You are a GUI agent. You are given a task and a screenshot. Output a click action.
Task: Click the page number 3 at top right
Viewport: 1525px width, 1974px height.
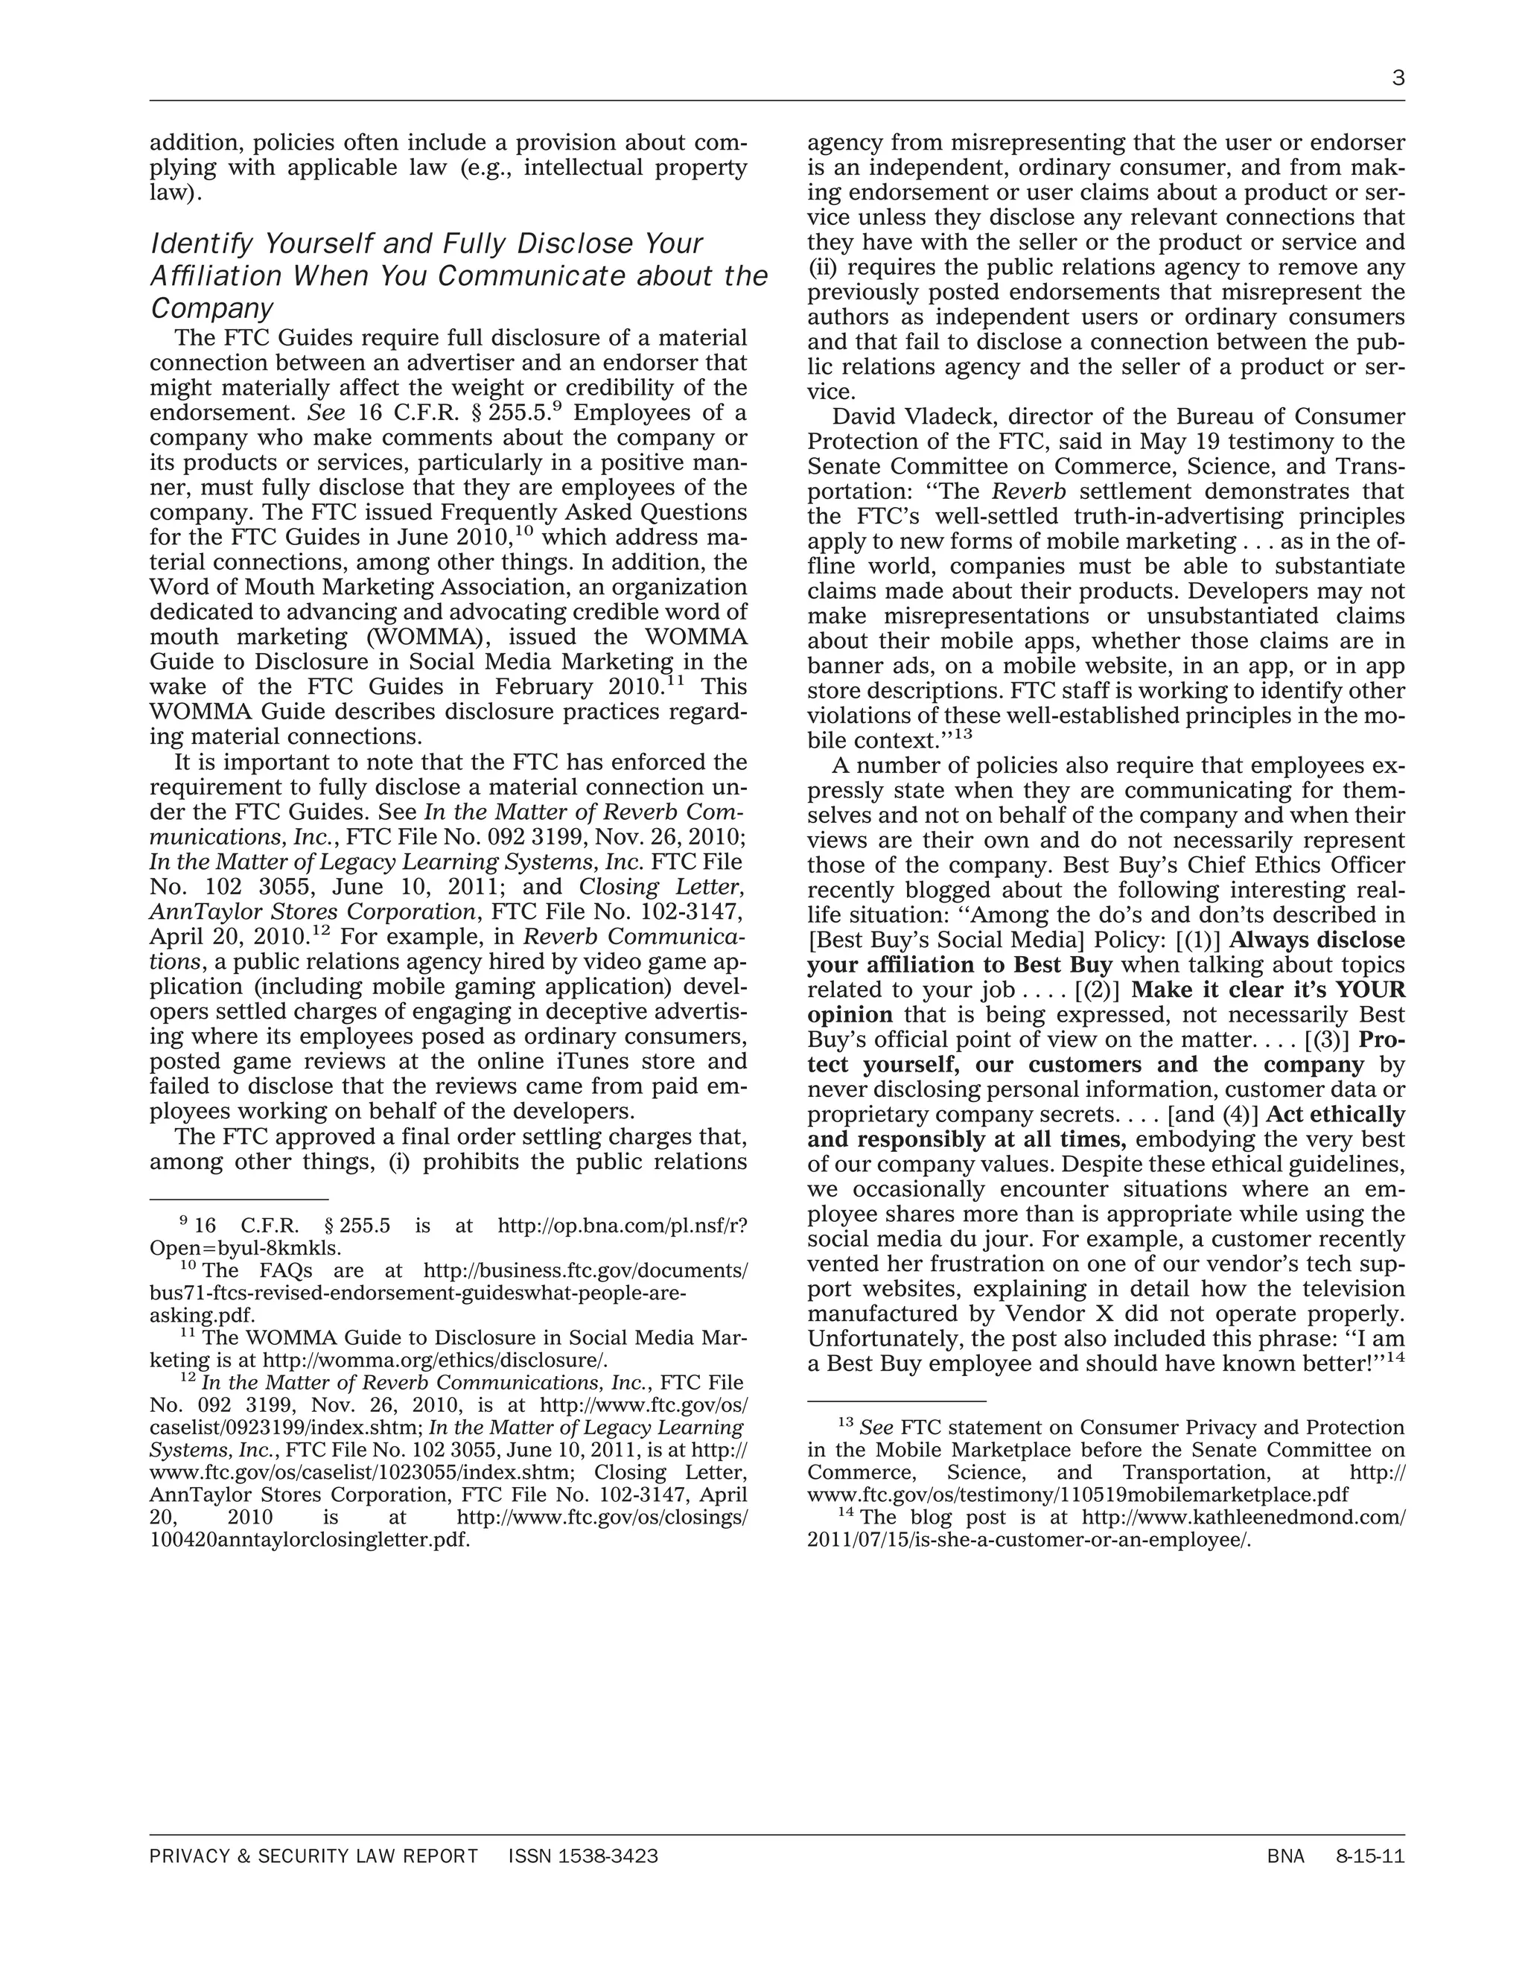[x=1398, y=79]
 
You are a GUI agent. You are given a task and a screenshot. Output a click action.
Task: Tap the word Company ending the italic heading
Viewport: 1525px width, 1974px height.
[x=211, y=309]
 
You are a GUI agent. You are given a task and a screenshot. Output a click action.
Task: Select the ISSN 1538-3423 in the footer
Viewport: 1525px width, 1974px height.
[x=583, y=1856]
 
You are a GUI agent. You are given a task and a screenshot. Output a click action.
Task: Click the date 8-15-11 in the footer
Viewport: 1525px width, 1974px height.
[x=1369, y=1856]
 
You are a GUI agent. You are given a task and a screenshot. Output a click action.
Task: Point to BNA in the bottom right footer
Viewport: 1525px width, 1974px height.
[x=1285, y=1856]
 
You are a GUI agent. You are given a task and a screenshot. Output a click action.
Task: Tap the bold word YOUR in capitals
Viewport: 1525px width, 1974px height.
[x=1370, y=990]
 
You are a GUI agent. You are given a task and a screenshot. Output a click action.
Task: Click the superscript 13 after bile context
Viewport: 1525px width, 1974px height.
[x=963, y=735]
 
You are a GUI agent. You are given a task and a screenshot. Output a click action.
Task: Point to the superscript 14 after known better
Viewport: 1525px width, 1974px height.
[x=1395, y=1357]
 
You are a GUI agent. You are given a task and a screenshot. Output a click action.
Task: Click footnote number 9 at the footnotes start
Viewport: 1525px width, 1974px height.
[x=183, y=1221]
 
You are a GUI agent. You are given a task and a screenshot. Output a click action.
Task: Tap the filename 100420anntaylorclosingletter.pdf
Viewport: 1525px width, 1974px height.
[x=309, y=1539]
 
